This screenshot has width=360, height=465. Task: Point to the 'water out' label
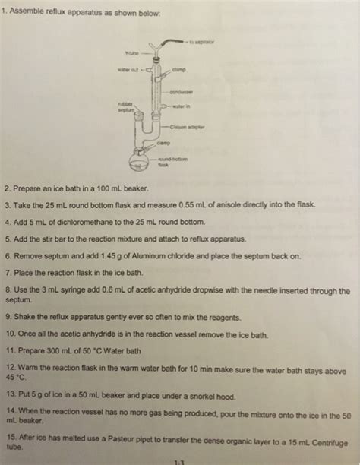click(128, 73)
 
